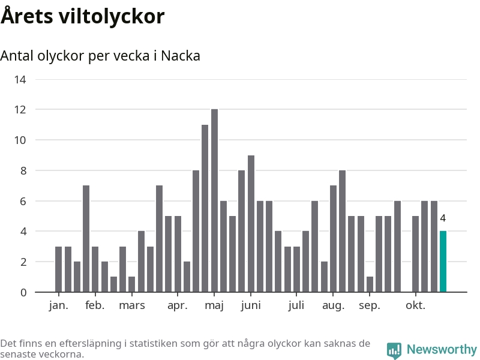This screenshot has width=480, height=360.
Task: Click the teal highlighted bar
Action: click(x=443, y=262)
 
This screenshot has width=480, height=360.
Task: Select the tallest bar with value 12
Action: click(x=214, y=200)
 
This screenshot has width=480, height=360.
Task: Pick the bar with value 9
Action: click(x=251, y=223)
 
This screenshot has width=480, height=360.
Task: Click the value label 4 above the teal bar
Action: click(x=443, y=218)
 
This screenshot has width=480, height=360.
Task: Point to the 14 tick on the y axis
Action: click(x=20, y=79)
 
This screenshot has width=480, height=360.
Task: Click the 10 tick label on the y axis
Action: click(x=20, y=140)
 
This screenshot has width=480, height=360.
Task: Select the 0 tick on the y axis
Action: click(x=23, y=292)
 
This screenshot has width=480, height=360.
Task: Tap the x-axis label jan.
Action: click(x=58, y=305)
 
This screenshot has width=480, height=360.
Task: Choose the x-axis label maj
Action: click(x=214, y=305)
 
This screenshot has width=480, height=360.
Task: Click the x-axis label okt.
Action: click(x=415, y=305)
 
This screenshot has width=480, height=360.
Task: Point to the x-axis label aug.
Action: click(x=334, y=305)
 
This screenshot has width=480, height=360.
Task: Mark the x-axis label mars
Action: click(x=132, y=305)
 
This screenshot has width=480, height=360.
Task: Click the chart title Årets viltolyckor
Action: click(x=82, y=16)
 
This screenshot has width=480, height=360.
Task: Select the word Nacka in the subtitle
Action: click(x=181, y=56)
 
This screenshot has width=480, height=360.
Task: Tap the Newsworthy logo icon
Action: click(x=394, y=350)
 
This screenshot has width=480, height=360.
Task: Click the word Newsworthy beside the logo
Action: click(x=442, y=349)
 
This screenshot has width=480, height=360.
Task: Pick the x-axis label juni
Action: click(x=251, y=305)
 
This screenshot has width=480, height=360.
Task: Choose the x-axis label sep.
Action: click(x=370, y=305)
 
